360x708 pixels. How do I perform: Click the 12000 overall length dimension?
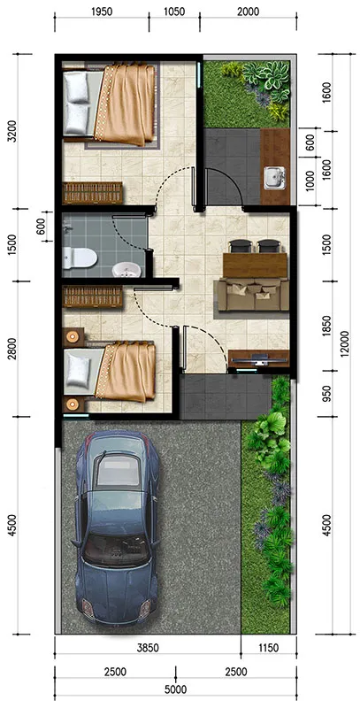pyautogui.click(x=345, y=345)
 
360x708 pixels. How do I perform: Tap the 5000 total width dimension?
pyautogui.click(x=176, y=690)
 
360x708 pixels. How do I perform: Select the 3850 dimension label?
pyautogui.click(x=148, y=648)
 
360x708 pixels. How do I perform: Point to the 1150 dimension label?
pyautogui.click(x=268, y=648)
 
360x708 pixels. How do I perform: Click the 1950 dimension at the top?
pyautogui.click(x=102, y=12)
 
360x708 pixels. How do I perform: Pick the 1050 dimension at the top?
pyautogui.click(x=174, y=12)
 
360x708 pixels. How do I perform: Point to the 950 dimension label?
pyautogui.click(x=327, y=393)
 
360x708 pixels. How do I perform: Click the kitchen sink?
pyautogui.click(x=275, y=178)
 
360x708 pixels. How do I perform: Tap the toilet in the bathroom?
pyautogui.click(x=80, y=258)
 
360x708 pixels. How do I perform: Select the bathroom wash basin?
pyautogui.click(x=126, y=270)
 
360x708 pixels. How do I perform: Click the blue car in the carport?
pyautogui.click(x=118, y=524)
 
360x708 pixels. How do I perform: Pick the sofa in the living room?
pyautogui.click(x=253, y=295)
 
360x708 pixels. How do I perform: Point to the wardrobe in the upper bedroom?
pyautogui.click(x=93, y=193)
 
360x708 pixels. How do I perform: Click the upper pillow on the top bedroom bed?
pyautogui.click(x=76, y=87)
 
